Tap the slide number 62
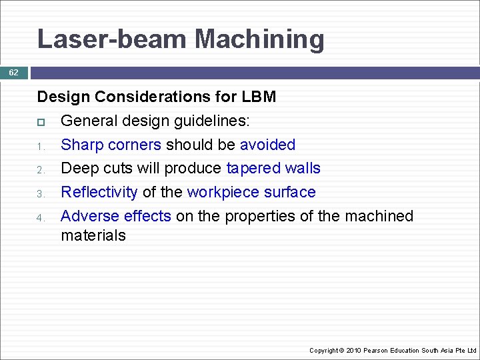13,73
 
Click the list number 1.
40,146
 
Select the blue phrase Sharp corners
111,145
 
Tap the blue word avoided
267,145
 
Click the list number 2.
40,170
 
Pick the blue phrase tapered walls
273,168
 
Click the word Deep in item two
77,168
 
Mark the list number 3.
40,194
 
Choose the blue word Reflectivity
99,192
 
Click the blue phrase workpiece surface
251,192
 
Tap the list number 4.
40,218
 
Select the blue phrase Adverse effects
116,216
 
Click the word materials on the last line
93,235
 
